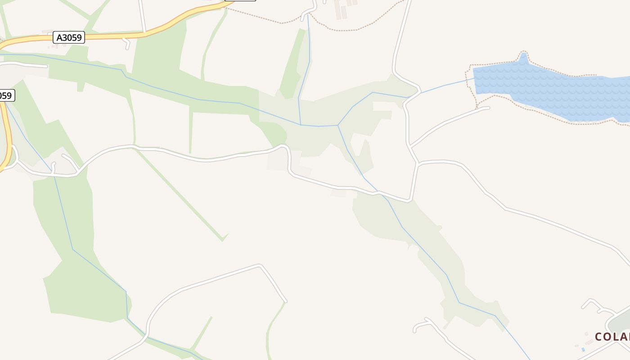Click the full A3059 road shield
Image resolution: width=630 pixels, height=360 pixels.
click(69, 37)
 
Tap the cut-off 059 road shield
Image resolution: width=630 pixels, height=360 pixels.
click(6, 95)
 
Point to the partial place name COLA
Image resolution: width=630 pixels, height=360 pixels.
click(612, 337)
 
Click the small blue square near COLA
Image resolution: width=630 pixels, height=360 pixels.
click(583, 350)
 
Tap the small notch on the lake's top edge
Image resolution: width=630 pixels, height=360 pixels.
click(523, 58)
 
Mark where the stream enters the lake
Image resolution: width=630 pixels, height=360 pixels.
click(474, 79)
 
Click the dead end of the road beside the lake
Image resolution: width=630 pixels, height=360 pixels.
click(488, 108)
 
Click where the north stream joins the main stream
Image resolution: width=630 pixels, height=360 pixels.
click(301, 125)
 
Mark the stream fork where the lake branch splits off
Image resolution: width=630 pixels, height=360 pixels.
click(338, 125)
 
